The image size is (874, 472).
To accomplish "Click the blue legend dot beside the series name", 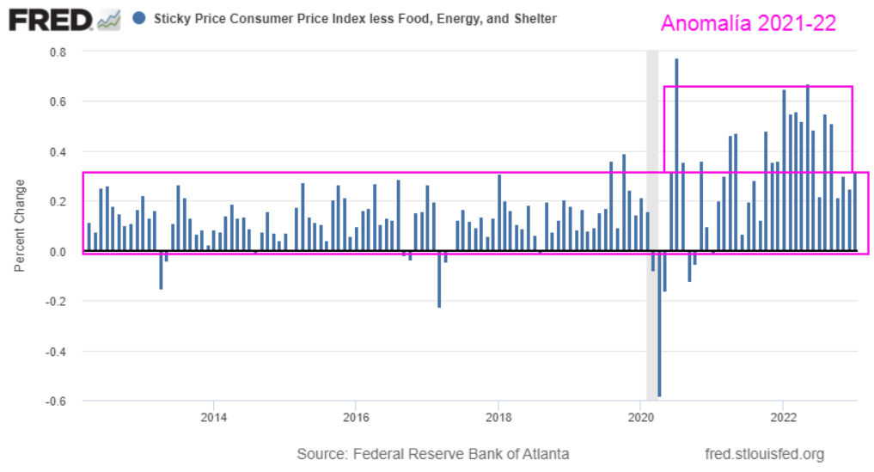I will pyautogui.click(x=140, y=18).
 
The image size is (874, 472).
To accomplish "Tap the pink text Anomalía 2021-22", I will pyautogui.click(x=748, y=23).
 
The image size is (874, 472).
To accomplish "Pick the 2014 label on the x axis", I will pyautogui.click(x=213, y=418).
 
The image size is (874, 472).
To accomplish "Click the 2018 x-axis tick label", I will pyautogui.click(x=498, y=418).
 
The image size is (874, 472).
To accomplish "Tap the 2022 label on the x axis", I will pyautogui.click(x=782, y=418).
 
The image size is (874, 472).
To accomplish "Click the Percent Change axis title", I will pyautogui.click(x=20, y=226).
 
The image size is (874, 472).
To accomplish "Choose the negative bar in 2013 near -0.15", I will pyautogui.click(x=161, y=270).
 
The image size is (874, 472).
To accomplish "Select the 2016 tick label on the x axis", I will pyautogui.click(x=355, y=418).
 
